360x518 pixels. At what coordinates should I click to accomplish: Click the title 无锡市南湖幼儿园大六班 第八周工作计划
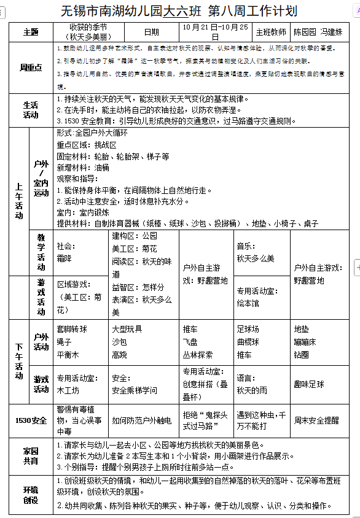pyautogui.click(x=179, y=11)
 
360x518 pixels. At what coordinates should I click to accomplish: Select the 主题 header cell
pyautogui.click(x=30, y=32)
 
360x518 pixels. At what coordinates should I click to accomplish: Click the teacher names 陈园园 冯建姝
pyautogui.click(x=318, y=32)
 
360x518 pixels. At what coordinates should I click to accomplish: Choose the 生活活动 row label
pyautogui.click(x=30, y=109)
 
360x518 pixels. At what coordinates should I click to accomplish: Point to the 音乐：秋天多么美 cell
pyautogui.click(x=255, y=252)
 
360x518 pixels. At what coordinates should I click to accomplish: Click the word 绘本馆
pyautogui.click(x=248, y=303)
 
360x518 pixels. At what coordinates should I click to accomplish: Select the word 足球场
pyautogui.click(x=248, y=330)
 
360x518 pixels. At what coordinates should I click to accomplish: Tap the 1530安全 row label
pyautogui.click(x=30, y=420)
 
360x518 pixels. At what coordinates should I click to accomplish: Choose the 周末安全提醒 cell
pyautogui.click(x=317, y=420)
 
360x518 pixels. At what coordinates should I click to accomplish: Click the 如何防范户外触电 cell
pyautogui.click(x=143, y=420)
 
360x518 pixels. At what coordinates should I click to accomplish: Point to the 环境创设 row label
pyautogui.click(x=30, y=495)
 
